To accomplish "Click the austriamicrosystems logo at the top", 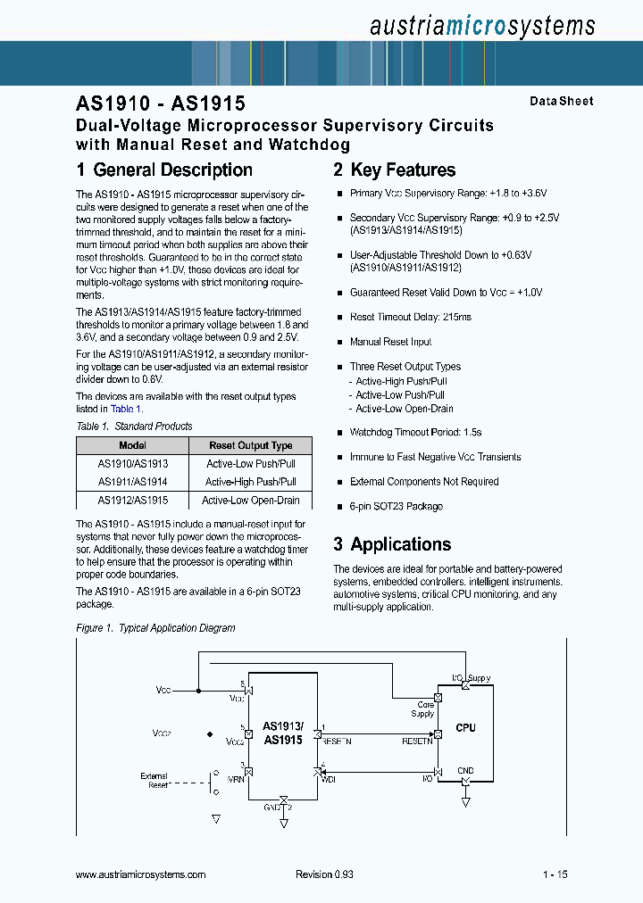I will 481,26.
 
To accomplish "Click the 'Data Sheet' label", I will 561,102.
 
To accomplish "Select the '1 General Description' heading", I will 164,170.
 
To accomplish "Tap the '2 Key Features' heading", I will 394,170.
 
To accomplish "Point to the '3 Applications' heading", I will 392,544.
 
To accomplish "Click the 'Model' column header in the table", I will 132,445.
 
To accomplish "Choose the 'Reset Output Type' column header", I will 251,445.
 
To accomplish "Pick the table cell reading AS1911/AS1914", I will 132,482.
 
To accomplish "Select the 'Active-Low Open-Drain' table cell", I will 251,501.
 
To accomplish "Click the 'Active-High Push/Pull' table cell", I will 251,482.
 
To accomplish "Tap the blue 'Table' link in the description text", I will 121,409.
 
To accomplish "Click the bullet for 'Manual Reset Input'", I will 339,343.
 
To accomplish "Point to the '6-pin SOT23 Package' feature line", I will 396,507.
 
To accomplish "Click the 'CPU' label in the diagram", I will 465,728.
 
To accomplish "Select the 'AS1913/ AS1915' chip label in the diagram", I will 283,733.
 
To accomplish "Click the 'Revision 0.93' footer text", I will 324,874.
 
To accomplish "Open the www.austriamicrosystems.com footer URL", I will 141,874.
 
